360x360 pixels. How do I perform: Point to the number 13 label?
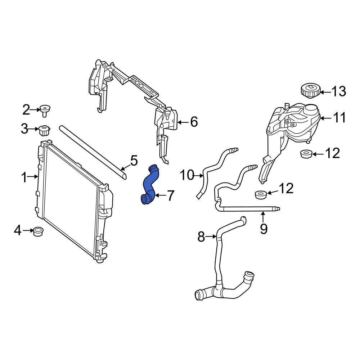pos(338,92)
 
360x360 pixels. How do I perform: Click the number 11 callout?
pos(338,118)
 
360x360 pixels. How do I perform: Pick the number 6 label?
pos(194,122)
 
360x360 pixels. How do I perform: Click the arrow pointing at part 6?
pos(183,122)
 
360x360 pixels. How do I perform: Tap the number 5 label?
pos(134,161)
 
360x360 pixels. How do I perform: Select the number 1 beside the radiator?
pos(24,177)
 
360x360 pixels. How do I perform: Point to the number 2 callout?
pos(26,109)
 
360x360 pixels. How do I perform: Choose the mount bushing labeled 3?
pos(44,130)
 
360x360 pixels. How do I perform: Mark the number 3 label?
pos(24,129)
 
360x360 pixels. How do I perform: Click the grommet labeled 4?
pos(38,231)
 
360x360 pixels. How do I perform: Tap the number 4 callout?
pos(18,230)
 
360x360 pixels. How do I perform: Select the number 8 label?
pos(201,237)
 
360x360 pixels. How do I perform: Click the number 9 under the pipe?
pos(264,229)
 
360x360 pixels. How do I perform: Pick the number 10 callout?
pos(187,175)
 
